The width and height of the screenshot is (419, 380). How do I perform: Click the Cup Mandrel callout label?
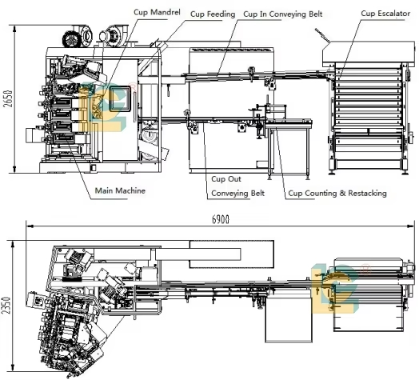(157, 12)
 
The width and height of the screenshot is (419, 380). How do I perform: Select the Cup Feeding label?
(213, 14)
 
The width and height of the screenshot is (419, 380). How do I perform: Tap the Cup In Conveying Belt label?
(283, 14)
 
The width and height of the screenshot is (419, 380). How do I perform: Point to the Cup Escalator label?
(385, 14)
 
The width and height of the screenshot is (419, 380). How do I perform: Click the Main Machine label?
(120, 190)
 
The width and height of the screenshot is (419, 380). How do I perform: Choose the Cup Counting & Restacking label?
(337, 193)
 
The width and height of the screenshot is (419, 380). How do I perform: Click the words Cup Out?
(226, 179)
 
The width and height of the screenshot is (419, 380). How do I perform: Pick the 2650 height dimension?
(8, 98)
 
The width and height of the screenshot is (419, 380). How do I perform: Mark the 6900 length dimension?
(221, 219)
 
